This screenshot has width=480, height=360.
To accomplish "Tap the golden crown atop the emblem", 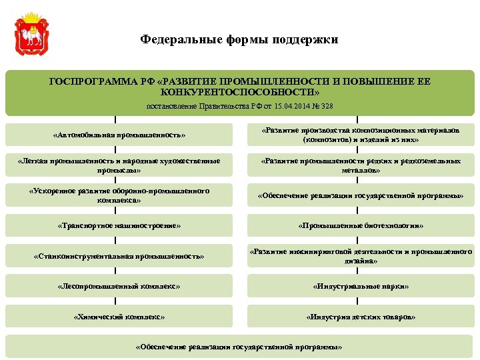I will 31,16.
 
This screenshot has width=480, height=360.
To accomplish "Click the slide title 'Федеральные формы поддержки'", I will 239,39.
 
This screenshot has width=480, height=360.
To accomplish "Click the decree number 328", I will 327,106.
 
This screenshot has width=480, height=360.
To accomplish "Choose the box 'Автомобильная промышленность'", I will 119,135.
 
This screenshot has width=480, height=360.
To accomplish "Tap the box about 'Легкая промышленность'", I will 119,165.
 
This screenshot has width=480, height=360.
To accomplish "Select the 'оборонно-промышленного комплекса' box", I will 119,195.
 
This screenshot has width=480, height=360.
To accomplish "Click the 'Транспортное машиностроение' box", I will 119,225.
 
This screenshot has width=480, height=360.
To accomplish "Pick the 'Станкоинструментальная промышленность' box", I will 119,255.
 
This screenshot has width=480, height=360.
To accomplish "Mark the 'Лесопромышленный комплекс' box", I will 119,286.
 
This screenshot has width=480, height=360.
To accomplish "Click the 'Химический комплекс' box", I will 119,316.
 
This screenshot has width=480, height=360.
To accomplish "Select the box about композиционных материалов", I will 361,135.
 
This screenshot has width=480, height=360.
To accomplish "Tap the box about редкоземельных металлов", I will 361,165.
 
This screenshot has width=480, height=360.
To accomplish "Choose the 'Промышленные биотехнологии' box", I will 361,225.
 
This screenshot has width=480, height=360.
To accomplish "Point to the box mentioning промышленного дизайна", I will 361,256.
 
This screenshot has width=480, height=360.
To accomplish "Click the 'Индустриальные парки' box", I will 361,286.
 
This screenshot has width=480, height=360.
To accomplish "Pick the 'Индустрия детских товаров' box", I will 361,316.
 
